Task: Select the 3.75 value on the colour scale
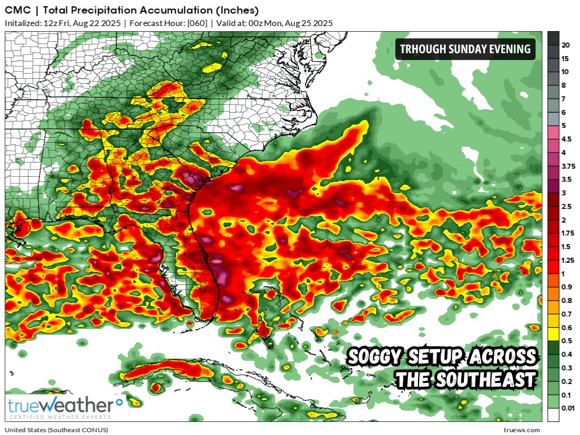(x=568, y=166)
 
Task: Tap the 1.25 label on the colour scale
(x=568, y=260)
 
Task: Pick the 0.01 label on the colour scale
(x=568, y=408)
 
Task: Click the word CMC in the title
(x=16, y=10)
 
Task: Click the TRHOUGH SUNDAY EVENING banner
(x=466, y=49)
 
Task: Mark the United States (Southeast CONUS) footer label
(x=57, y=430)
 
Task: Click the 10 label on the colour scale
(x=565, y=72)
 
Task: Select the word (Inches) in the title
(x=238, y=10)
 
